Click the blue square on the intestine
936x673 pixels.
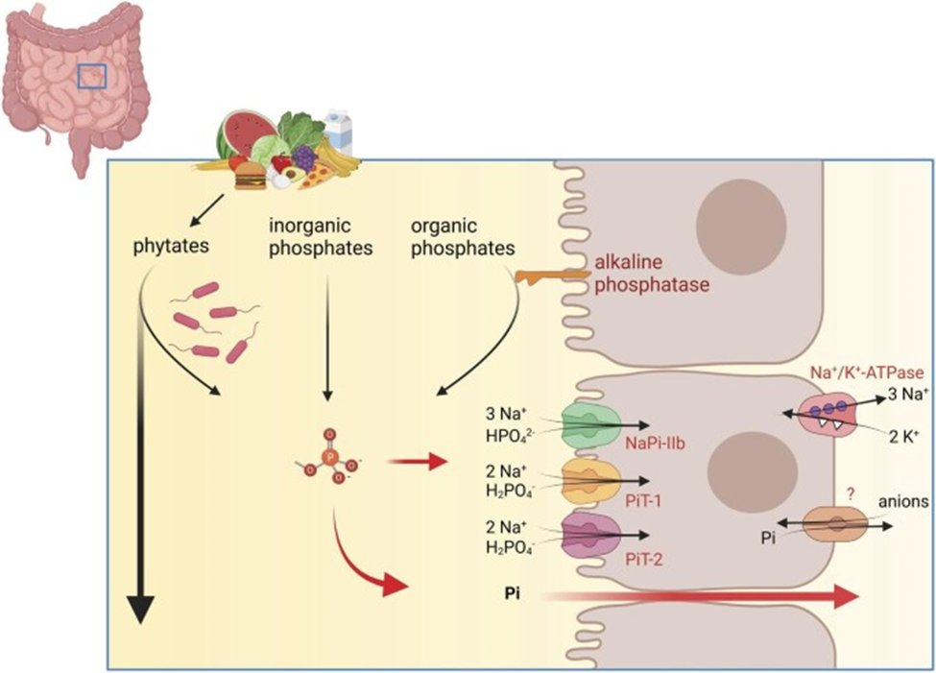pyautogui.click(x=92, y=76)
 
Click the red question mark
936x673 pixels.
pyautogui.click(x=849, y=493)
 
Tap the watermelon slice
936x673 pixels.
pyautogui.click(x=234, y=135)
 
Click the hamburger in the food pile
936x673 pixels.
pyautogui.click(x=250, y=175)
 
